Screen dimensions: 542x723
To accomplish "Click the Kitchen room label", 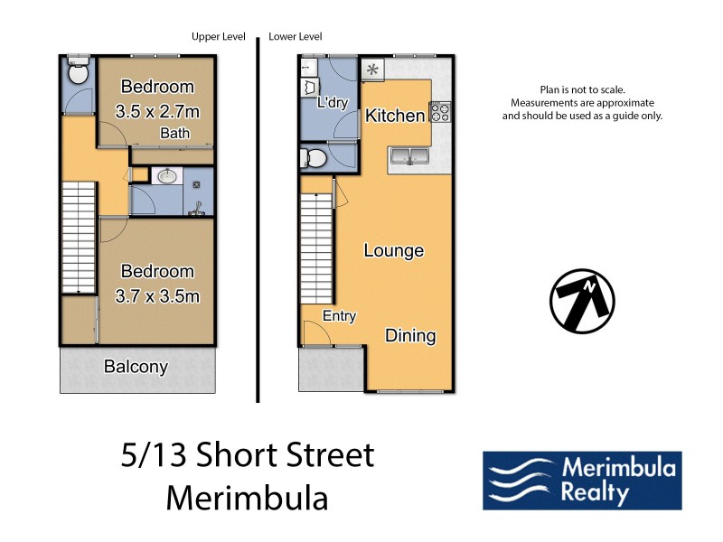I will pos(394,116).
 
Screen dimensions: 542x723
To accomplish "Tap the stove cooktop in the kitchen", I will pos(440,112).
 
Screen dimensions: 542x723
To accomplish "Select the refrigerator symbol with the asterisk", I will pos(372,70).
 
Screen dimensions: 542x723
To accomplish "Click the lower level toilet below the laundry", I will pos(314,159).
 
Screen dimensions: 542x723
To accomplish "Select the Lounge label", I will pos(393,250).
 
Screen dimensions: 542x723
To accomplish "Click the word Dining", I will pos(410,335).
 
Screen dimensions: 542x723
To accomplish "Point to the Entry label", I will pos(340,316).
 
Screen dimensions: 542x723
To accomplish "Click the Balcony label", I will pos(136,367).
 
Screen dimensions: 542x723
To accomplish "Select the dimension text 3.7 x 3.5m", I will pos(157,295).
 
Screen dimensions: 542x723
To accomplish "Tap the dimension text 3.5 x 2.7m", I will pos(157,111).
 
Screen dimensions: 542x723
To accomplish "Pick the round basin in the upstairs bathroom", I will pos(166,177).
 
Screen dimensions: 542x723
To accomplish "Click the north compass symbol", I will pos(582,299).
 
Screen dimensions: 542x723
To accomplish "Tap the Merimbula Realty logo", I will pos(582,481).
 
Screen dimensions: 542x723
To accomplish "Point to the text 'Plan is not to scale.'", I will pos(582,89).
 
